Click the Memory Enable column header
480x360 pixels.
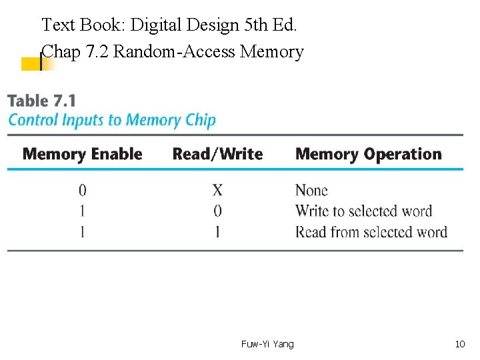click(83, 154)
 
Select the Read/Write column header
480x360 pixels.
click(217, 154)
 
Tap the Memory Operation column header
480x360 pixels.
click(368, 154)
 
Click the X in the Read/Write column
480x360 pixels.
click(217, 191)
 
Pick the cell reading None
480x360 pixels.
click(311, 191)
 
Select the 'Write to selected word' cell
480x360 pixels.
click(363, 211)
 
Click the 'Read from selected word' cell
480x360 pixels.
click(371, 232)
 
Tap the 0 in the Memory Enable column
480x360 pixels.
click(83, 191)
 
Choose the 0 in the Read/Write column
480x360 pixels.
click(217, 211)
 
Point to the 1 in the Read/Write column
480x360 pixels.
click(217, 232)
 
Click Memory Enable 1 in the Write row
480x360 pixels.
click(83, 211)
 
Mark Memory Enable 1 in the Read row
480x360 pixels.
click(83, 232)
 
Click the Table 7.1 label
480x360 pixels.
click(41, 101)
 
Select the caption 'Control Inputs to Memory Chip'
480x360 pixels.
click(111, 120)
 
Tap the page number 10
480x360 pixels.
click(459, 344)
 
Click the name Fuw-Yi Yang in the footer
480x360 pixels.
click(267, 344)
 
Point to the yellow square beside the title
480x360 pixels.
click(31, 64)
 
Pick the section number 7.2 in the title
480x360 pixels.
click(98, 51)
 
